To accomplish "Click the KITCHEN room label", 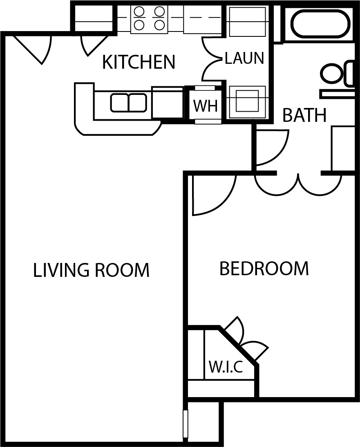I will [138, 62].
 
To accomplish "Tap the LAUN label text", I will [244, 58].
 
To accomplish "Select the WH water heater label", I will [205, 106].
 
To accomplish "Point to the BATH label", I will [304, 116].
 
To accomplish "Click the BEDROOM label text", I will [264, 269].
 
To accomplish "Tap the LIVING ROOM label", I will [91, 270].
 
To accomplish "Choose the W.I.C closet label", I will [226, 367].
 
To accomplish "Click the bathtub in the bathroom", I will [320, 24].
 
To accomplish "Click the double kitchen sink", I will [128, 102].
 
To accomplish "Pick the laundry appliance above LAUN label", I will [247, 21].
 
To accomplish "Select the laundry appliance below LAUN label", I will [247, 101].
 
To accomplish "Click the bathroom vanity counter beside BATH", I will [343, 148].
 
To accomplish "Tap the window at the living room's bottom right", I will [185, 423].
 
